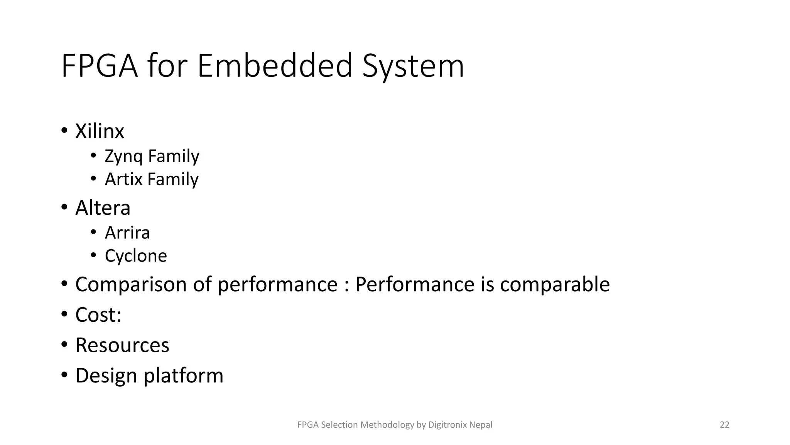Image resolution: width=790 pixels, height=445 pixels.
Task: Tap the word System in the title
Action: (x=413, y=66)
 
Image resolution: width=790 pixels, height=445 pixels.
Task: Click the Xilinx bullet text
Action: (x=100, y=131)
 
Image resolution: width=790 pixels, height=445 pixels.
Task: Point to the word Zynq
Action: (x=123, y=156)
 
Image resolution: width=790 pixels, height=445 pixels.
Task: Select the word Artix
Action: (x=123, y=179)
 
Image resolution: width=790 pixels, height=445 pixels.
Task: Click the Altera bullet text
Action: (x=103, y=208)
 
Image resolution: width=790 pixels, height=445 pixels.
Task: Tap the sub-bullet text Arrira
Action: (x=127, y=233)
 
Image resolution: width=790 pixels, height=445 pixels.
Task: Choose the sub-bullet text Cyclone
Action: (x=136, y=256)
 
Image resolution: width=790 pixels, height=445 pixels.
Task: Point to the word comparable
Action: (x=555, y=285)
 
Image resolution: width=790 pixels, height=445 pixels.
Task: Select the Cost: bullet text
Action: (x=98, y=315)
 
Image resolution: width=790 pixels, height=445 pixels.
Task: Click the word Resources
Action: (x=122, y=345)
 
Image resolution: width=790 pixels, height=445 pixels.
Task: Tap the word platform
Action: (x=184, y=376)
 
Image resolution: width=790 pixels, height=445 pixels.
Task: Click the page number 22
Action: (x=724, y=425)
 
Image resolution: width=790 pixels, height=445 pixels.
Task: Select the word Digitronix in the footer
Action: (x=448, y=425)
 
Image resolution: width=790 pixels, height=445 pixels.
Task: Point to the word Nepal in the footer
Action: (x=481, y=425)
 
